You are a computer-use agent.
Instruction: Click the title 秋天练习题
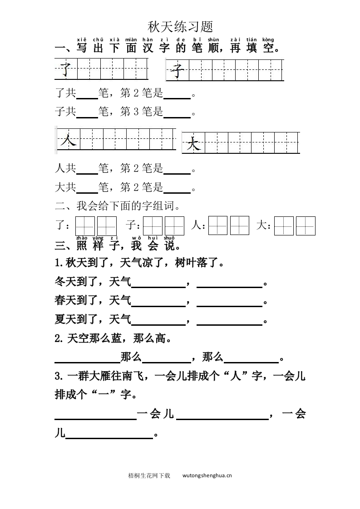pyautogui.click(x=180, y=27)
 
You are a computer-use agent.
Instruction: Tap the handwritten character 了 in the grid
pyautogui.click(x=66, y=69)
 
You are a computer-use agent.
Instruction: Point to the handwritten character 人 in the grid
pyautogui.click(x=68, y=141)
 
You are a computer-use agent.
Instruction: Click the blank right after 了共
pyautogui.click(x=87, y=95)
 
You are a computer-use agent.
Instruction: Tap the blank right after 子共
pyautogui.click(x=87, y=113)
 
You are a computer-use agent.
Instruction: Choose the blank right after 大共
pyautogui.click(x=87, y=187)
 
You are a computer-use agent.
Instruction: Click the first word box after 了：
pyautogui.click(x=85, y=225)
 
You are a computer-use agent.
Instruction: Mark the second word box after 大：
pyautogui.click(x=306, y=225)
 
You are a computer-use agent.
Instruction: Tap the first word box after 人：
pyautogui.click(x=217, y=225)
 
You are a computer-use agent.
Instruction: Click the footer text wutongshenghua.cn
pyautogui.click(x=207, y=475)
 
